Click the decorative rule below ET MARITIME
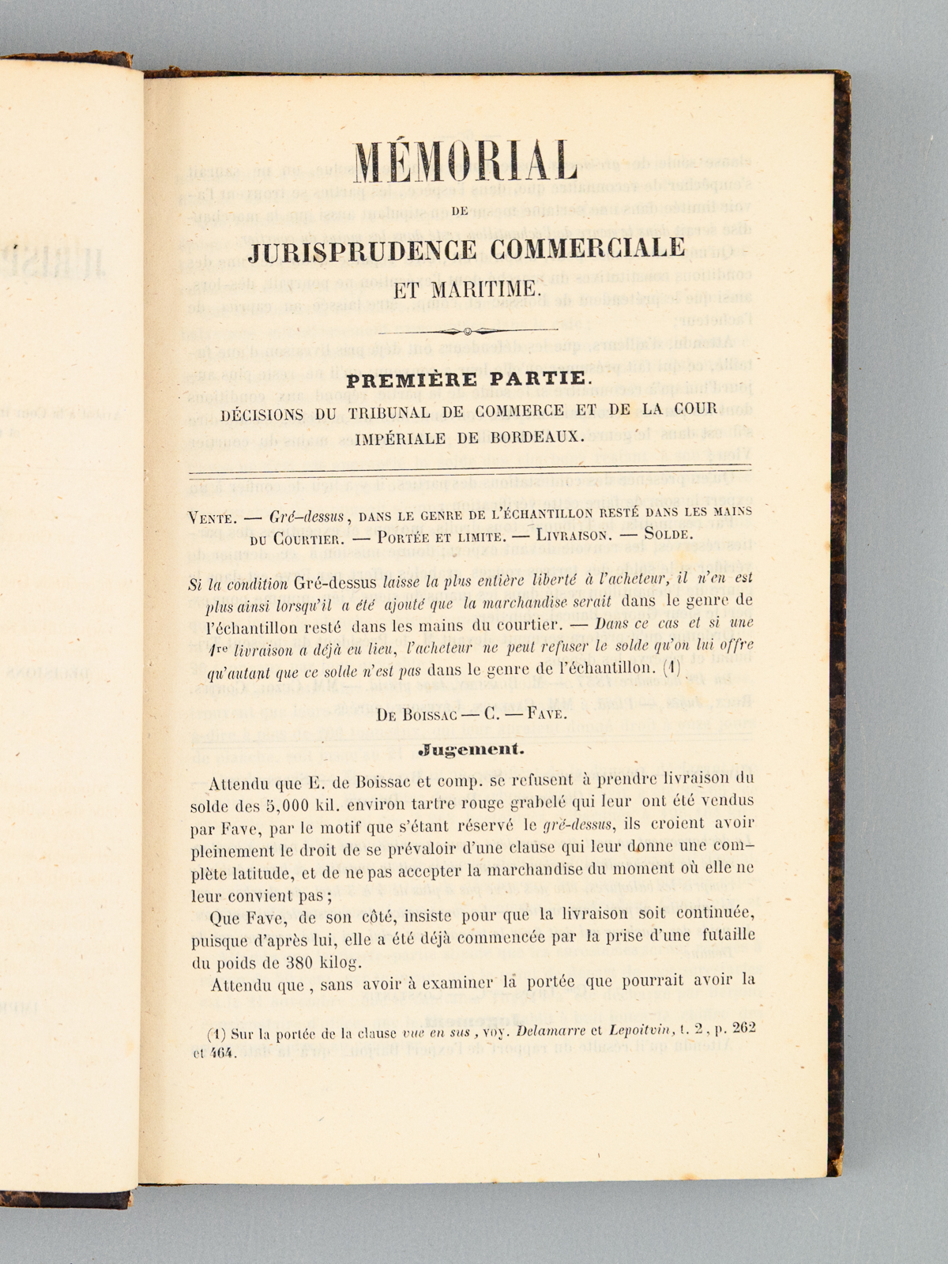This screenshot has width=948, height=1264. click(467, 330)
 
